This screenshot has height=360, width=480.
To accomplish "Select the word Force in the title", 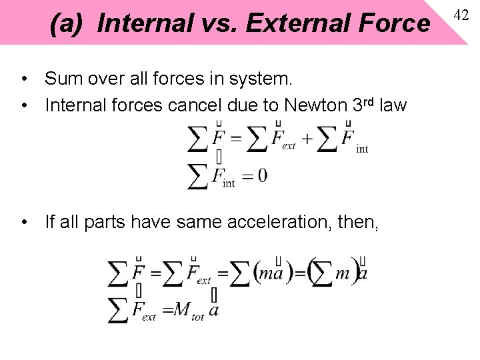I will pyautogui.click(x=394, y=24).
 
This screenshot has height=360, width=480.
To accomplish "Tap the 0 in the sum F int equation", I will pyautogui.click(x=262, y=175).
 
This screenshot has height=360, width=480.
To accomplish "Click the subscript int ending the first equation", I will pyautogui.click(x=362, y=149).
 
